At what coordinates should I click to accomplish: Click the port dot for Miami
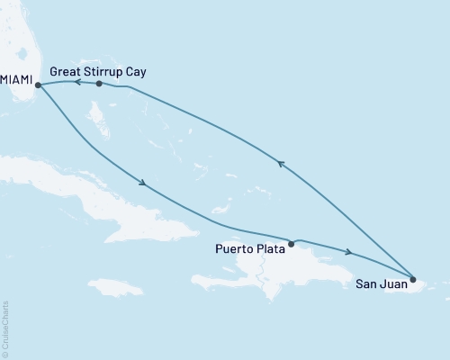point(38,85)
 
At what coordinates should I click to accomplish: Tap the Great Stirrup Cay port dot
point(99,84)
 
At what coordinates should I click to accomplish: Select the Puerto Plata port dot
point(291,243)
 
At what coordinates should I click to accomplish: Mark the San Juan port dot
point(413,279)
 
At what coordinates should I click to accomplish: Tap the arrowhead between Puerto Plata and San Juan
point(348,251)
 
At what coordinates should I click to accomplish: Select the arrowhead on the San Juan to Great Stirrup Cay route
point(281,163)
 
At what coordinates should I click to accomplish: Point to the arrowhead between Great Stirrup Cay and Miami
point(76,83)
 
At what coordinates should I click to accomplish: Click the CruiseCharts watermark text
point(6,328)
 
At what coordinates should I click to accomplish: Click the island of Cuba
point(108,193)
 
